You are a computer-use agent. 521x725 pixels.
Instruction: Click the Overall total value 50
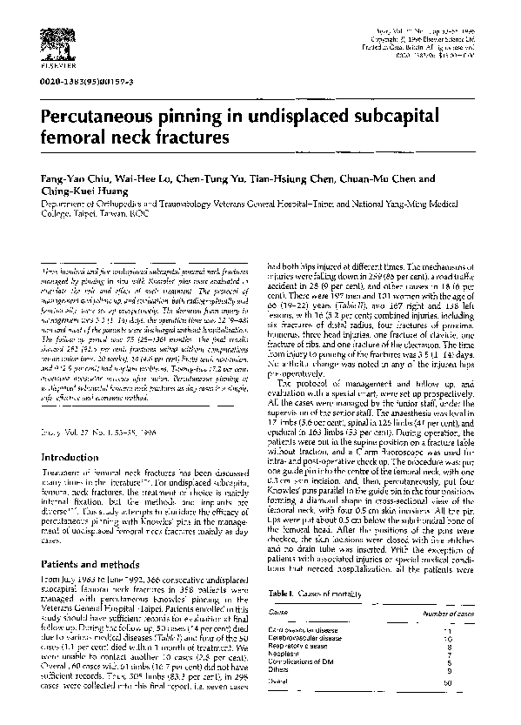pos(471,684)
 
